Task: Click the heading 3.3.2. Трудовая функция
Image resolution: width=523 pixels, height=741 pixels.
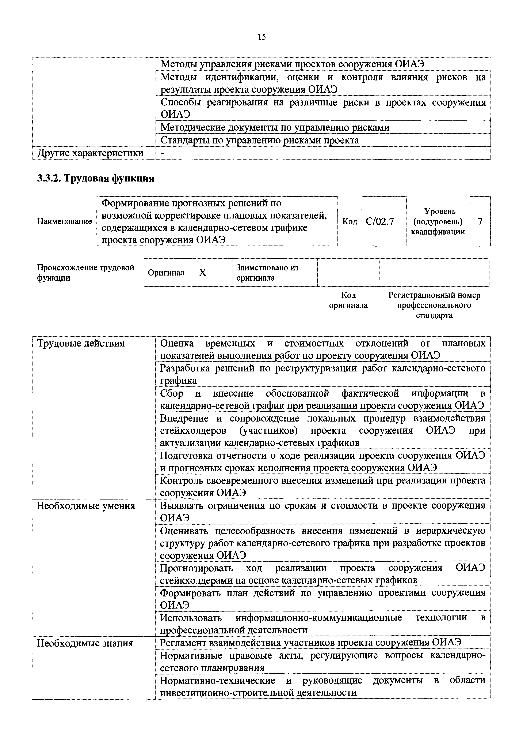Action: tap(96, 179)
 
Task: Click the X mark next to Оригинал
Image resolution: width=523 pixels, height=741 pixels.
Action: tap(202, 273)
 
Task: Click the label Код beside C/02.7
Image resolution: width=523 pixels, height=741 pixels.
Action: tap(350, 221)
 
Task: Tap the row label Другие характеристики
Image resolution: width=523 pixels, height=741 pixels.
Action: tap(90, 153)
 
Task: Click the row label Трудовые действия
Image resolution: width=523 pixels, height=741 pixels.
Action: tap(81, 343)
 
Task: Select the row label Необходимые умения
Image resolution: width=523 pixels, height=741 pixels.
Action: tap(86, 506)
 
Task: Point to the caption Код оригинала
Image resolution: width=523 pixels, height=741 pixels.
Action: tap(348, 300)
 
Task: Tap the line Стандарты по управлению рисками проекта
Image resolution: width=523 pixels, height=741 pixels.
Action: tap(260, 140)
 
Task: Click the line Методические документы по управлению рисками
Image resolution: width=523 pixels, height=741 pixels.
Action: tap(275, 127)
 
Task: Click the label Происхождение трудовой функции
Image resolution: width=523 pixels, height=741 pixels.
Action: tap(85, 273)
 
